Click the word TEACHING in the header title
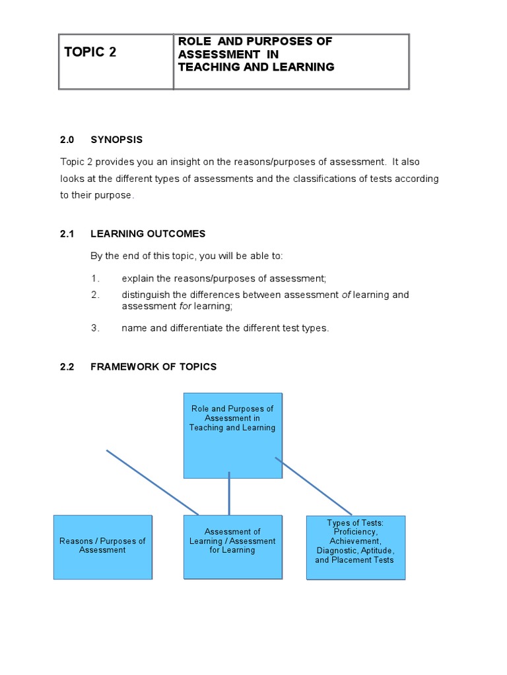click(x=207, y=67)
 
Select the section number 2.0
click(x=68, y=140)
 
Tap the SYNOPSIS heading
click(x=117, y=140)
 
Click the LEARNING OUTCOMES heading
click(x=148, y=234)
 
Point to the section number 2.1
click(x=68, y=234)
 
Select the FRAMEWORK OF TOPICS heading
click(x=153, y=367)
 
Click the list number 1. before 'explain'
click(x=94, y=278)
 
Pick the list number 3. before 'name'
click(x=94, y=328)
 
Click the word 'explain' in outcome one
click(x=139, y=278)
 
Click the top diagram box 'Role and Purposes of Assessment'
click(x=232, y=435)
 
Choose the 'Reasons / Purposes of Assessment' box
click(x=102, y=546)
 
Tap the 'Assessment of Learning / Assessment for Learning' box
click(x=232, y=546)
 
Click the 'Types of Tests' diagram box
click(x=355, y=547)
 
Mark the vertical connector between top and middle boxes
click(x=229, y=493)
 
